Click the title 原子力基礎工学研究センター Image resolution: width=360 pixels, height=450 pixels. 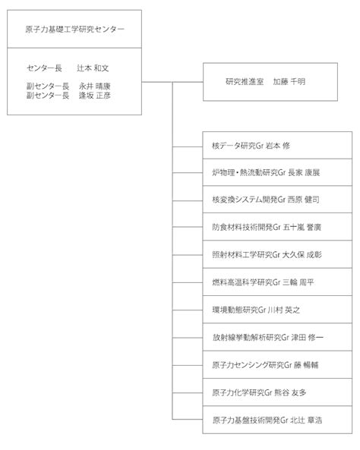tap(74, 30)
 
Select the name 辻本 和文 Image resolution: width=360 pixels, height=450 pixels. tap(93, 68)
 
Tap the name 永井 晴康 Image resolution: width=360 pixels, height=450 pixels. tap(94, 87)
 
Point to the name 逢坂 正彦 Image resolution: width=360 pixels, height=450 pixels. tap(94, 96)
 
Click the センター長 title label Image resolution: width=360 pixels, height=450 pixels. tap(44, 68)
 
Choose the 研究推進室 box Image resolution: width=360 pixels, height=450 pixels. tap(270, 82)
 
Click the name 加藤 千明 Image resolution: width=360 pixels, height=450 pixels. tap(289, 82)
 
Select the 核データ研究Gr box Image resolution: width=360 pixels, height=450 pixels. tap(277, 145)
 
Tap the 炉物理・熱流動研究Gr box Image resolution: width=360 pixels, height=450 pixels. tap(277, 172)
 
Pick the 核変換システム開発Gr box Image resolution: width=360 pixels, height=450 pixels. tap(277, 200)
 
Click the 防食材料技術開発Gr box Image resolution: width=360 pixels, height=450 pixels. tap(277, 227)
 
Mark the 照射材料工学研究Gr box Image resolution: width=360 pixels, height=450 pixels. tap(277, 254)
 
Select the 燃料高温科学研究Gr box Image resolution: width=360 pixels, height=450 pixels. tap(277, 282)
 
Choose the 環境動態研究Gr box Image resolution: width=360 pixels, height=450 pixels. tap(277, 310)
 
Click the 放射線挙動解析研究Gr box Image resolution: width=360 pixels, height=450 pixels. tap(277, 337)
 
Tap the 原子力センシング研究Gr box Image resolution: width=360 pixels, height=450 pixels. tap(277, 364)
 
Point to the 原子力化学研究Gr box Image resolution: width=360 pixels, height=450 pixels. tap(277, 392)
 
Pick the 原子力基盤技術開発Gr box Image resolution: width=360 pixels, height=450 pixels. tap(277, 420)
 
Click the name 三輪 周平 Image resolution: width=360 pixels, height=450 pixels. tap(298, 282)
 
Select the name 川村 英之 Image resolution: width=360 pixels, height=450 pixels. tap(284, 310)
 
